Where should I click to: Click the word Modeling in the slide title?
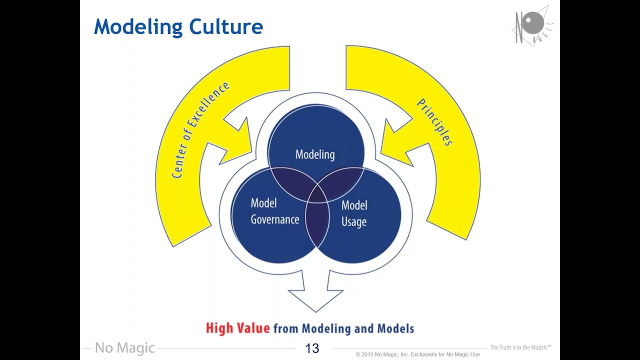138,27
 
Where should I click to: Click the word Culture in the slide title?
226,26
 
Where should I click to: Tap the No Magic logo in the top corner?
532,26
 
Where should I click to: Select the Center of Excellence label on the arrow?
200,130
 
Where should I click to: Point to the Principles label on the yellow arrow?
435,122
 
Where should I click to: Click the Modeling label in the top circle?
315,155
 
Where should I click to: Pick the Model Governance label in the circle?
275,211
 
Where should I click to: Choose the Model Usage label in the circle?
354,213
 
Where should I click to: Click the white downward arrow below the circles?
315,291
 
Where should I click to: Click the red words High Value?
237,328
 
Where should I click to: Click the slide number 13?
312,348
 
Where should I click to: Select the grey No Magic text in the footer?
125,348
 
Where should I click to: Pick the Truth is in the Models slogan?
520,347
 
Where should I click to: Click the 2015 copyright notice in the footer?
417,354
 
